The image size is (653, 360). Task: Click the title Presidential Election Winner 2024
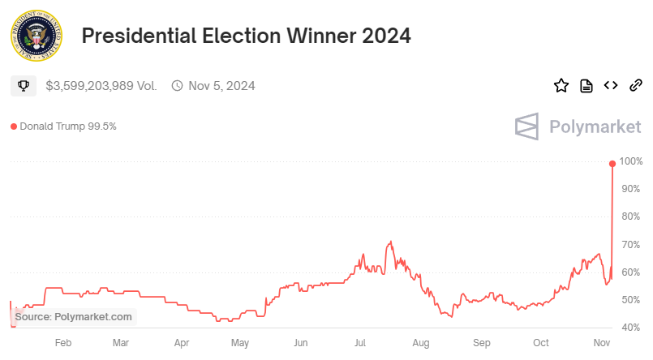[x=246, y=36]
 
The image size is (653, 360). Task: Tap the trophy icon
[x=24, y=85]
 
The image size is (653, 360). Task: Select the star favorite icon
[x=561, y=85]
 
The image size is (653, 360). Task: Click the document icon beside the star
[x=586, y=85]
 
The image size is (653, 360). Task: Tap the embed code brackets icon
[x=611, y=85]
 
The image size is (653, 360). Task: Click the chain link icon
[x=636, y=85]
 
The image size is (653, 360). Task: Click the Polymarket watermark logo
[x=578, y=126]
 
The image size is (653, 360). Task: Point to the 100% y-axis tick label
[x=630, y=161]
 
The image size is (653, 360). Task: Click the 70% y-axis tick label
[x=630, y=244]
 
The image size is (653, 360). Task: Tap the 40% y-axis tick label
[x=630, y=328]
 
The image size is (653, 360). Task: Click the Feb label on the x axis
[x=63, y=343]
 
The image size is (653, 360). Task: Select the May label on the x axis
[x=239, y=343]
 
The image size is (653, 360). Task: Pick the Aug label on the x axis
[x=420, y=343]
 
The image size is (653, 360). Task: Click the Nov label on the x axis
[x=601, y=343]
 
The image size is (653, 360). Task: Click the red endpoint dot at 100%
[x=612, y=163]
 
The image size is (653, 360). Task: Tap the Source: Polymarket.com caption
[x=73, y=317]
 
